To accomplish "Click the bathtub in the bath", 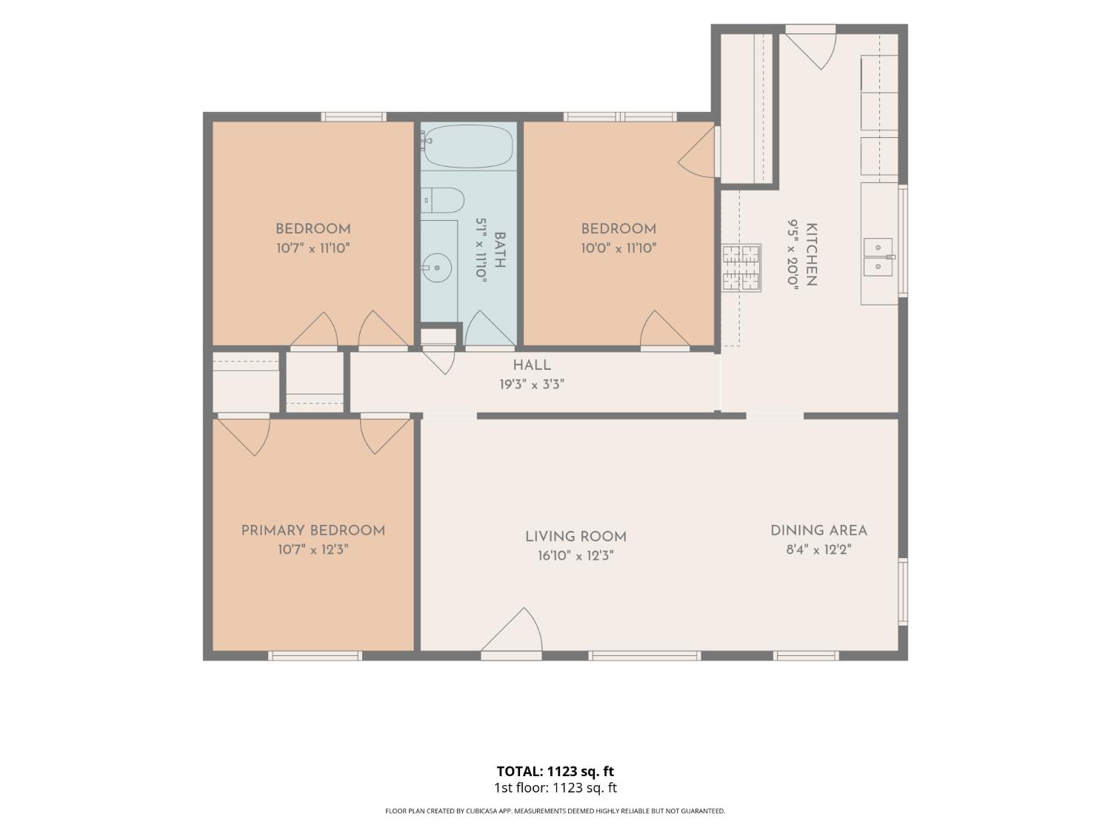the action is tap(467, 146).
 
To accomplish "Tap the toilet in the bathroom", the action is tap(442, 200).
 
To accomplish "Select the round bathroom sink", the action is tap(436, 267).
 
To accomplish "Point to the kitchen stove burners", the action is tap(741, 268).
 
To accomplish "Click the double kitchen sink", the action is tap(878, 257).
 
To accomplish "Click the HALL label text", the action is tap(532, 365).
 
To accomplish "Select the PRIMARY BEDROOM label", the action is tap(313, 531).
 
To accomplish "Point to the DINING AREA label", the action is tap(818, 531).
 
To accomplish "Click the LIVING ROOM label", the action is tap(575, 537).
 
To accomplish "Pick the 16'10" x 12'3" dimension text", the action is tap(575, 556).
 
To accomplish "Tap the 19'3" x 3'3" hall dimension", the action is tap(532, 384).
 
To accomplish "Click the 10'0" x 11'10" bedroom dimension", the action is tap(618, 248).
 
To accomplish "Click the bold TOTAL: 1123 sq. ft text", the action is tap(555, 771).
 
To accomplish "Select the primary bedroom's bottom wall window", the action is tap(315, 656).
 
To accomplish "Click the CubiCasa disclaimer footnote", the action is tap(555, 811).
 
